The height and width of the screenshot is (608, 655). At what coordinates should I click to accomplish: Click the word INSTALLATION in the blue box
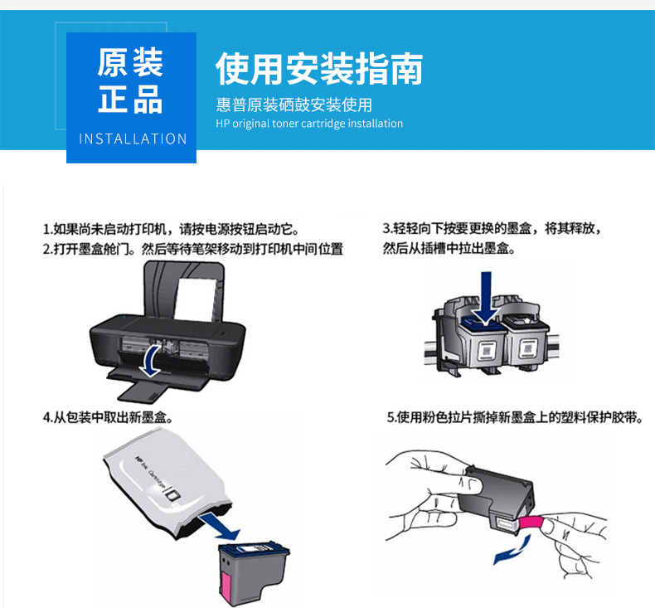point(133,139)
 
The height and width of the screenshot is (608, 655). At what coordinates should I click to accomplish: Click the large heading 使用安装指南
point(319,69)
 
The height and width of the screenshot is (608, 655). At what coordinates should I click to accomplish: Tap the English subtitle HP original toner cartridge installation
point(309,124)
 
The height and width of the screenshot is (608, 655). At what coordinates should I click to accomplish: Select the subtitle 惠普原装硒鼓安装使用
point(294,105)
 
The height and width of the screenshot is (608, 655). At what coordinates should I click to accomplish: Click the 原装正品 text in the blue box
point(130,80)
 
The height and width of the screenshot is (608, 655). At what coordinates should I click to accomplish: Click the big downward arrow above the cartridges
point(486,299)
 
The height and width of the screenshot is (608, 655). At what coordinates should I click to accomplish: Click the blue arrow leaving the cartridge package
point(221,527)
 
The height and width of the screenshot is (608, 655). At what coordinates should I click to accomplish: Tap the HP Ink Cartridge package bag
point(167,483)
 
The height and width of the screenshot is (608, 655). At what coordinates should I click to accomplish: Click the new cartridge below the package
point(254,572)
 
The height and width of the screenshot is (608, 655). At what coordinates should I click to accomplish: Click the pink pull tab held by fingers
point(531,523)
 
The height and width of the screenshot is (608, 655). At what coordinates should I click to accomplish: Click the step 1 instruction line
point(172,230)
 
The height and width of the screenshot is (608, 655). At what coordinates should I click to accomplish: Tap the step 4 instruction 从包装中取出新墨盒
point(108,417)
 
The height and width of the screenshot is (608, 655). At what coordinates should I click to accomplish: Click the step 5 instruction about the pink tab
point(515,417)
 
